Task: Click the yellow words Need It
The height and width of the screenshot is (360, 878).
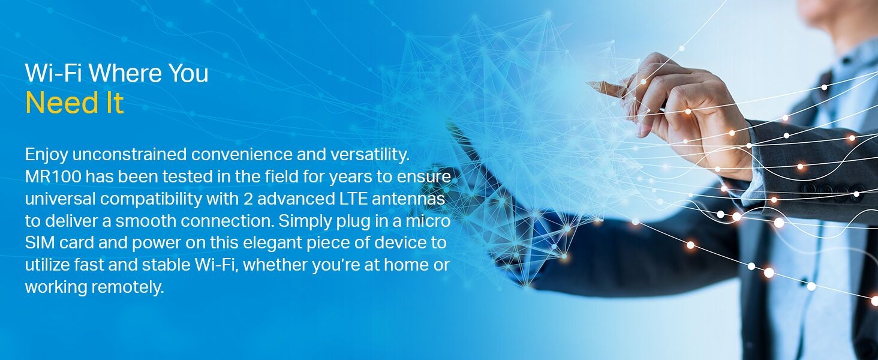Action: click(x=74, y=103)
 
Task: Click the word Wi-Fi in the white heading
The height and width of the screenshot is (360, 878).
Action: click(x=53, y=73)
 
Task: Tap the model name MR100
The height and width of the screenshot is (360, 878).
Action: click(x=53, y=177)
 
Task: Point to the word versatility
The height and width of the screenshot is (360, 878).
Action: click(x=370, y=155)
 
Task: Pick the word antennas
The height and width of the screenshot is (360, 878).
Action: click(x=408, y=199)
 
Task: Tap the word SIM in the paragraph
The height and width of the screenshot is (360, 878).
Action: click(x=40, y=243)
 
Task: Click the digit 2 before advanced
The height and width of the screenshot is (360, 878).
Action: click(x=248, y=199)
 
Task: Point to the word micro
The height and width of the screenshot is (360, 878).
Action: click(x=428, y=221)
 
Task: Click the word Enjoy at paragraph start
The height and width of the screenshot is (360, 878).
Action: click(x=47, y=155)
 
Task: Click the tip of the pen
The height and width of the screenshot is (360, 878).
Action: click(x=588, y=83)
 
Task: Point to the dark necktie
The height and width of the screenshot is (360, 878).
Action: click(x=815, y=118)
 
